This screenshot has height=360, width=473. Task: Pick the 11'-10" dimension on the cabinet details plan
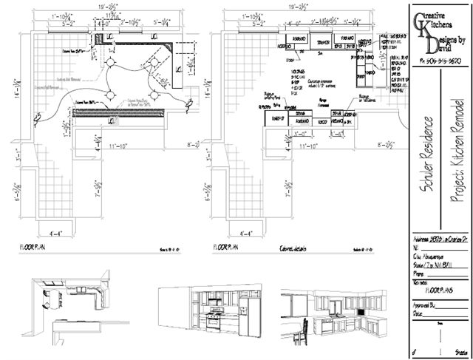[x=308, y=148]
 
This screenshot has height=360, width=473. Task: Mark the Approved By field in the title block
[x=425, y=303]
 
